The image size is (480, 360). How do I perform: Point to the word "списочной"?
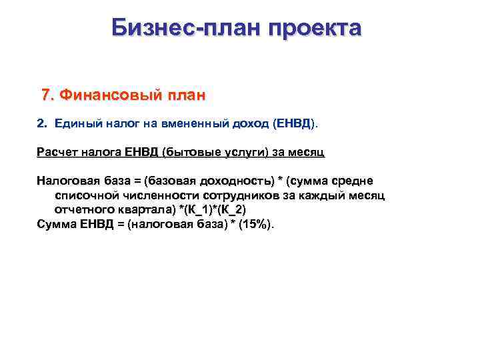86,195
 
